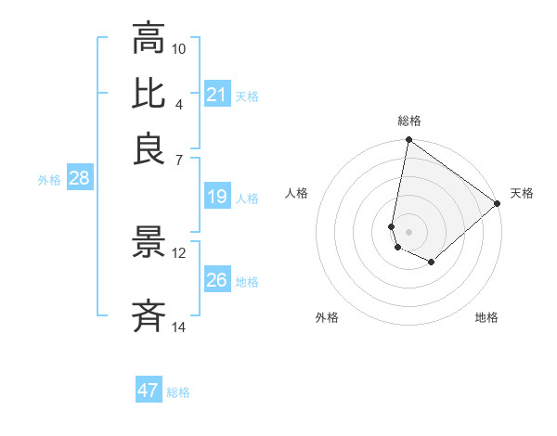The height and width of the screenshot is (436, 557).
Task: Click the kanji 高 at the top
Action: [x=149, y=38]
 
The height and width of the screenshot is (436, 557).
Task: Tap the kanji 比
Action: [x=149, y=94]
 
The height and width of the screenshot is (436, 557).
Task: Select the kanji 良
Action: [x=149, y=149]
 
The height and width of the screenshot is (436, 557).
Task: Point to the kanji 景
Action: [x=149, y=244]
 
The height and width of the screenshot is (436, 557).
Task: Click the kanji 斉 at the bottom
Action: [x=149, y=317]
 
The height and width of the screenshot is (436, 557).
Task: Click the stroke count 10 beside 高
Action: [x=179, y=48]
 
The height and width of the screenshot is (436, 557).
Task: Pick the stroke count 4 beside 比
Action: [x=179, y=104]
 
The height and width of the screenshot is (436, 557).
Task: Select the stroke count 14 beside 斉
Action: [x=179, y=327]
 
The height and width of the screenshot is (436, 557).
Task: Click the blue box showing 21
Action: [x=217, y=95]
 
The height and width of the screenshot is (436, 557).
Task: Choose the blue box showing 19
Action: [x=217, y=197]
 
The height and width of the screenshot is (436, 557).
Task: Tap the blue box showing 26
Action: [x=217, y=280]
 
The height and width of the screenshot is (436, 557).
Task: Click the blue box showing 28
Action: [x=79, y=179]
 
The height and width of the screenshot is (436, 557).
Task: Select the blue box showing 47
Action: [x=149, y=391]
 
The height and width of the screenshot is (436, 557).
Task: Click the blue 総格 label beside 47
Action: [x=178, y=392]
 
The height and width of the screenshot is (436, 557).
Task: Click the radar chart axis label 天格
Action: [x=522, y=193]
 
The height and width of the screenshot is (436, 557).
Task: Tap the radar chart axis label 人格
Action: [x=297, y=193]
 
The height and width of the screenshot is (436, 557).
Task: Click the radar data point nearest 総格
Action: [x=408, y=141]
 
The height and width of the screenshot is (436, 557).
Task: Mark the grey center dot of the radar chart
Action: [x=408, y=231]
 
